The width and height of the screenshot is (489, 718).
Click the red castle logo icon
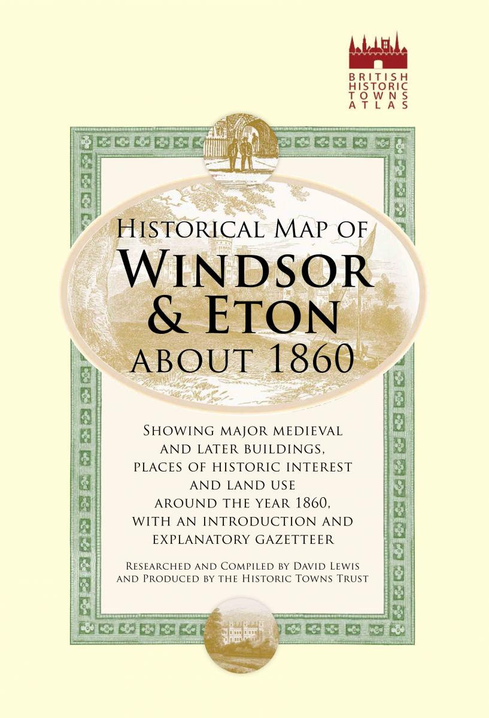click(378, 53)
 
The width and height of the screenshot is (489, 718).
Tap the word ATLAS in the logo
click(378, 105)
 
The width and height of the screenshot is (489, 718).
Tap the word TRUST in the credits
click(348, 579)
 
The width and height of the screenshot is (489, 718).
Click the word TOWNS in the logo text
click(378, 96)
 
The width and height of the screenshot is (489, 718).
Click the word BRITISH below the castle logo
click(378, 78)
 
